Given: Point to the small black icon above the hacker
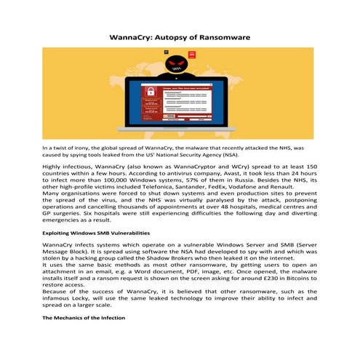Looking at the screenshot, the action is [x=167, y=52].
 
